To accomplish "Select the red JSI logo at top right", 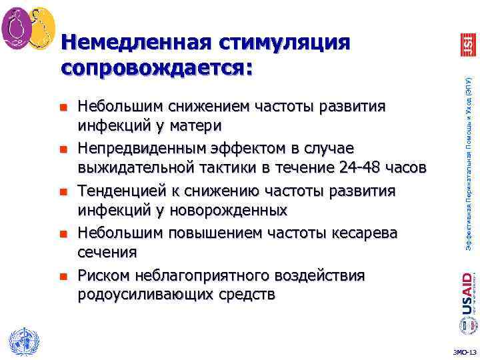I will coord(467,43).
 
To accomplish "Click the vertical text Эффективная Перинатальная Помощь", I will coord(468,167).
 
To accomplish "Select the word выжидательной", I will coord(139,168).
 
